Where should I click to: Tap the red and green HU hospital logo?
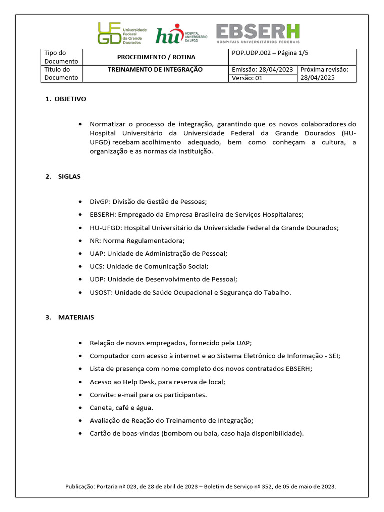tap(177, 34)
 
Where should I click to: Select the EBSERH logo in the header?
tap(258, 34)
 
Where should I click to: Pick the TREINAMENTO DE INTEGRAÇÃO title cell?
tap(155, 70)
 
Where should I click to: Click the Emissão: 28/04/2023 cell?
tap(263, 70)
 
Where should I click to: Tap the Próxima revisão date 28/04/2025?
tap(317, 78)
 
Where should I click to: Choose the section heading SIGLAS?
tap(69, 177)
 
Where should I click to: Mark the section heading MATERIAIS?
tap(76, 317)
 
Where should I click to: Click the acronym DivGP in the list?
tap(99, 202)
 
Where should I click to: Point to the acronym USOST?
tap(101, 293)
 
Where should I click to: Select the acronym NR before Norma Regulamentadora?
tap(94, 241)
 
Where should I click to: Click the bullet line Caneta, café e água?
tap(121, 408)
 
